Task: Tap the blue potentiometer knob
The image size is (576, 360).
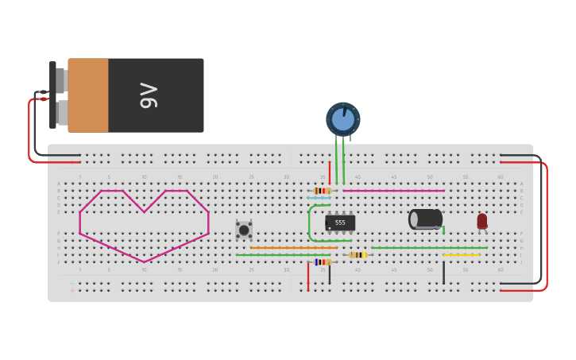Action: coord(343,119)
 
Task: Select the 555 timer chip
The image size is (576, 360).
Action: coord(340,223)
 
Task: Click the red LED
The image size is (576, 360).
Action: coord(481,221)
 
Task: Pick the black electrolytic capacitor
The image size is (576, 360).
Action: coord(426,219)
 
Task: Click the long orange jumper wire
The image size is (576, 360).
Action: coord(294,248)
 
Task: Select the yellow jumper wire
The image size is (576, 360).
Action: coord(461,255)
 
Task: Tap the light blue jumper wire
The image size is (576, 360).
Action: coord(319,197)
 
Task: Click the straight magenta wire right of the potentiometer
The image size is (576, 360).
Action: coord(393,191)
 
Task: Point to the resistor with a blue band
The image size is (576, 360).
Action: coord(322,261)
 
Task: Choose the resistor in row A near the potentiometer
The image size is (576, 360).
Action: coord(322,191)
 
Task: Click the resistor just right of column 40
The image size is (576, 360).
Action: coord(358,255)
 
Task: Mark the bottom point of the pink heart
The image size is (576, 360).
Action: coord(145,261)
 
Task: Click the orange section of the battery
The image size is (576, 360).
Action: coord(88,95)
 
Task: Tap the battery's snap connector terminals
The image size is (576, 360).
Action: coord(59,95)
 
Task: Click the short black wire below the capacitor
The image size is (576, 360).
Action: coord(443,273)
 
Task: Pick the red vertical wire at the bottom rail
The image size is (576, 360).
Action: coord(308,277)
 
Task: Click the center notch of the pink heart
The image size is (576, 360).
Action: coord(144,211)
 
